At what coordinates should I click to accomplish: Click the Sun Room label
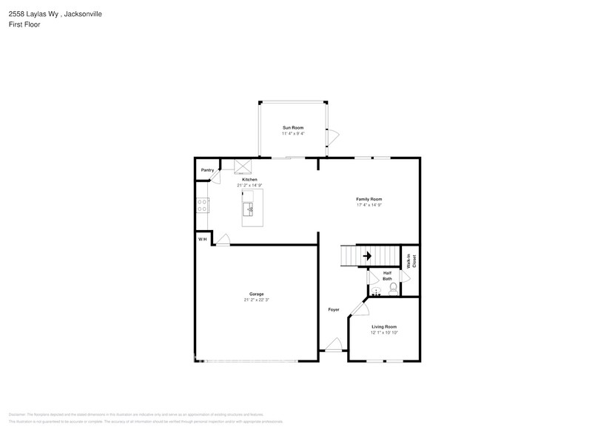(x=292, y=128)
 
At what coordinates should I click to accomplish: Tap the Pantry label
(x=207, y=170)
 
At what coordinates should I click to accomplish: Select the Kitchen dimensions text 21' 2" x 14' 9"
(x=249, y=185)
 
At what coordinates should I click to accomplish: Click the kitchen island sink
(x=250, y=210)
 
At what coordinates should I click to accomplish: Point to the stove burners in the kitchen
(x=201, y=205)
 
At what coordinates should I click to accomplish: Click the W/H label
(x=201, y=239)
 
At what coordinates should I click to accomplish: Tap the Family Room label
(x=369, y=199)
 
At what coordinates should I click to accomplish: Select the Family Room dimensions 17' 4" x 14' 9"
(x=369, y=205)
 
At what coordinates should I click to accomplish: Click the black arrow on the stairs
(x=366, y=256)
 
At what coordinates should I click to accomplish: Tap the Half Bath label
(x=387, y=276)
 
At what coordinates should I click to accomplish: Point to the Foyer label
(x=334, y=309)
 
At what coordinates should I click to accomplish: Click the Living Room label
(x=384, y=326)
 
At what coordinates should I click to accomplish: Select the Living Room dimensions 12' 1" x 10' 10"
(x=384, y=333)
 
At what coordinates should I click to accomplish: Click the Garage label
(x=256, y=294)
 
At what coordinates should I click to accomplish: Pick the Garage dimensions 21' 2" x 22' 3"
(x=256, y=300)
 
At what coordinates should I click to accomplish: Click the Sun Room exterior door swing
(x=333, y=136)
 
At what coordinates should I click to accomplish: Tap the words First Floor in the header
(x=25, y=24)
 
